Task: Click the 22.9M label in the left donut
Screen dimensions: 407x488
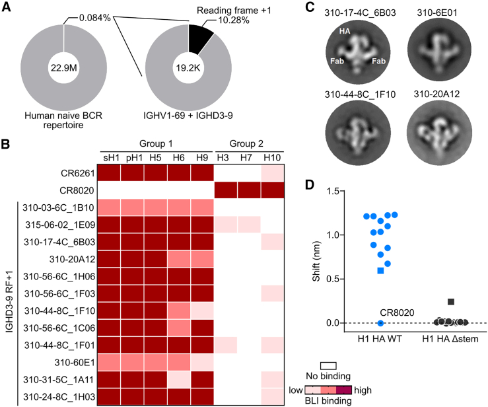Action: tap(63, 67)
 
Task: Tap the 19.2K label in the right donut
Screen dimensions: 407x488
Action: tap(190, 67)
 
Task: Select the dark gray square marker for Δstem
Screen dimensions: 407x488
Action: tap(450, 302)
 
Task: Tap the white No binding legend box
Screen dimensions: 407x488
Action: tap(328, 365)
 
